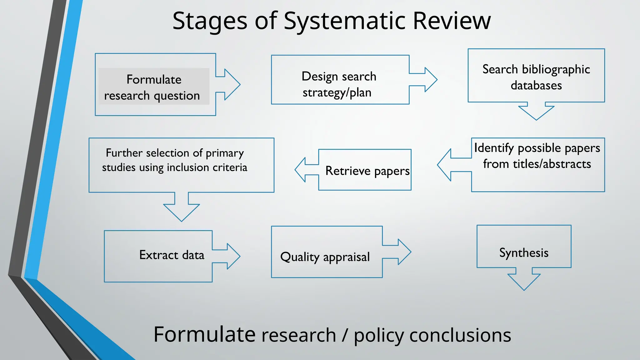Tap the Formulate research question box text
(153, 87)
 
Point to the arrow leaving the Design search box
(427, 80)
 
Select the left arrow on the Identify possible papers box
(450, 165)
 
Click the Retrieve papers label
(367, 171)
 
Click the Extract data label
(172, 255)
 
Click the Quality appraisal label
(325, 257)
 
